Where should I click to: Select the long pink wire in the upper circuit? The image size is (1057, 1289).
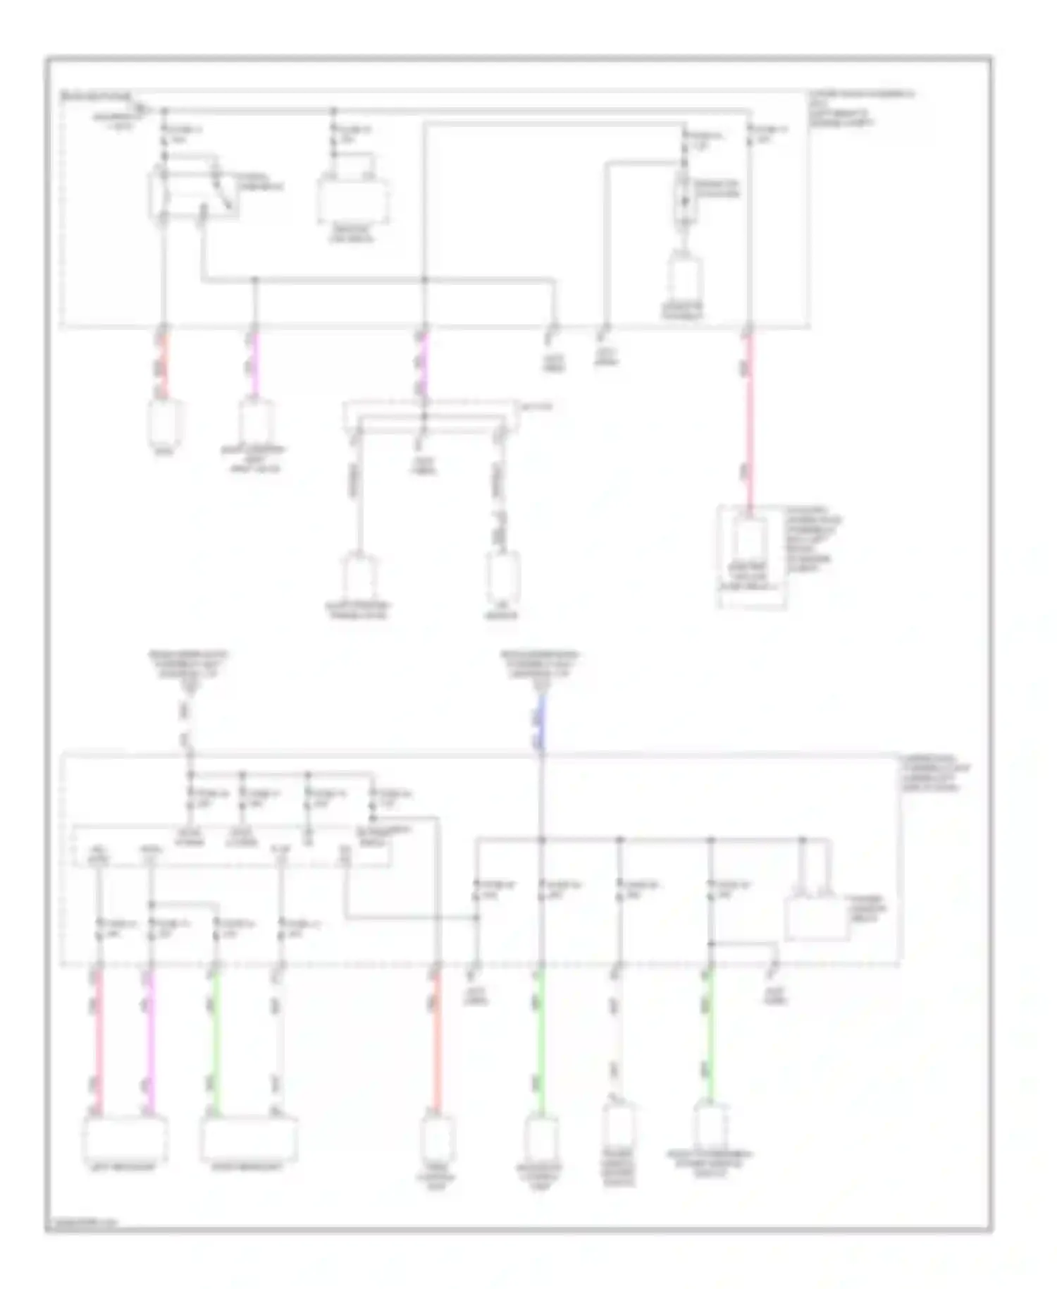point(748,423)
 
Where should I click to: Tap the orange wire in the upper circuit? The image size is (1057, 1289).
point(164,365)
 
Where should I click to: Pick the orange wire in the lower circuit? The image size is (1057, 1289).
point(436,1040)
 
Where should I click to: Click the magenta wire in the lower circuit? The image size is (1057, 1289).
point(149,1040)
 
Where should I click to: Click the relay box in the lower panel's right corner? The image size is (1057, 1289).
point(816,918)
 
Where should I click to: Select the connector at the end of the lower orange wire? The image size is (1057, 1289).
point(437,1137)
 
